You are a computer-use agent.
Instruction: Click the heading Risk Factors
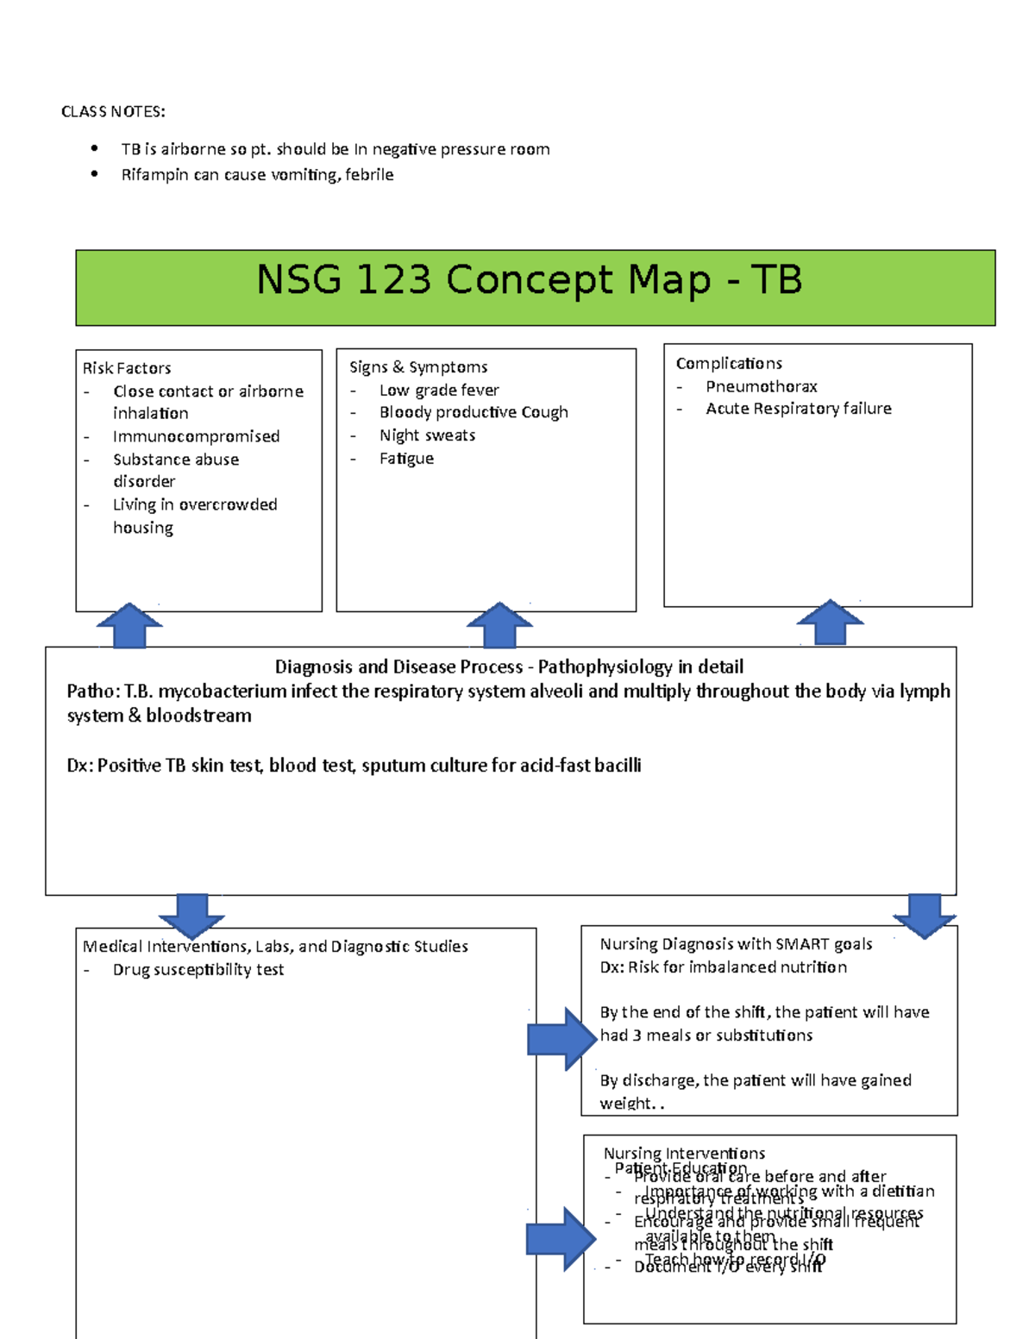click(x=127, y=368)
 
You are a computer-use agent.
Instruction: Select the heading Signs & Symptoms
click(x=418, y=367)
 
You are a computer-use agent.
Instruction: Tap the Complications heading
click(x=729, y=364)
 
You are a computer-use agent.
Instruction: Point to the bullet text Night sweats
click(x=427, y=435)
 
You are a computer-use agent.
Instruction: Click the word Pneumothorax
click(x=761, y=386)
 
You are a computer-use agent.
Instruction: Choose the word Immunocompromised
click(x=196, y=436)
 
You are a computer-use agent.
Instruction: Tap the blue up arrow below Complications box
click(x=830, y=622)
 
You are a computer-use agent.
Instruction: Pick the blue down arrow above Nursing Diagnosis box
click(x=924, y=916)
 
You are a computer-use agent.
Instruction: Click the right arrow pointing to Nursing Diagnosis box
click(x=561, y=1038)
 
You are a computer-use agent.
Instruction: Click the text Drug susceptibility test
click(x=198, y=970)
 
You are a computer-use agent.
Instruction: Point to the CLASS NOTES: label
click(x=113, y=112)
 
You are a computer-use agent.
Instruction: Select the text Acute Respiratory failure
click(x=798, y=409)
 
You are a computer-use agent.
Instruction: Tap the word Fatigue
click(x=406, y=459)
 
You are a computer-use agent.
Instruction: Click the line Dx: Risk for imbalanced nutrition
click(x=723, y=967)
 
